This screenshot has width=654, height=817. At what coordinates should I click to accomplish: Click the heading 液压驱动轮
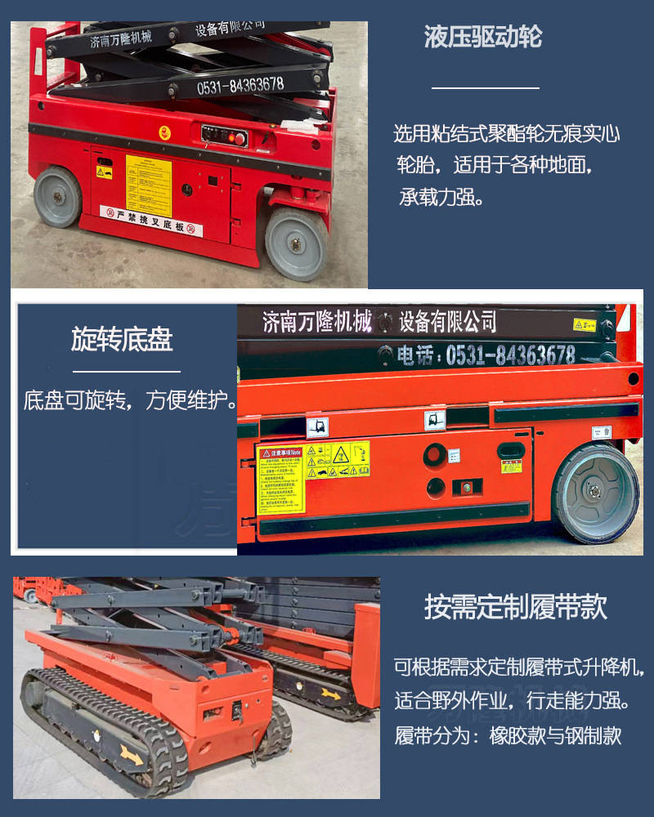pos(482,38)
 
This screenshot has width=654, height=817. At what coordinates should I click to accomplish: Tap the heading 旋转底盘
pos(122,340)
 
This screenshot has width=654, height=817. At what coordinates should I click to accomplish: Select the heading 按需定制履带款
pos(515,608)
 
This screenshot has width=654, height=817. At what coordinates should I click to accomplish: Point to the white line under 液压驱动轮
pos(485,87)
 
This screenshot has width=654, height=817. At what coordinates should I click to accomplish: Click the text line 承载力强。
pos(441,198)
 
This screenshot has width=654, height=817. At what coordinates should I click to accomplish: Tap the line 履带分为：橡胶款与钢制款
pos(508,735)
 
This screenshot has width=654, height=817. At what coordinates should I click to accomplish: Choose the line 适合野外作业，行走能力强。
pos(512,700)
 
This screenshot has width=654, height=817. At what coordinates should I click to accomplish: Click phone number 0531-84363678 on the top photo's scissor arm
pos(240,83)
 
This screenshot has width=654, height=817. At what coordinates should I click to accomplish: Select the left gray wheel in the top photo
pos(57,196)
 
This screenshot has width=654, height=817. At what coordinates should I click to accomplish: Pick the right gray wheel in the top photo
pos(296,243)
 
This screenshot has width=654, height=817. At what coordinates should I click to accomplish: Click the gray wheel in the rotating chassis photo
pos(596,493)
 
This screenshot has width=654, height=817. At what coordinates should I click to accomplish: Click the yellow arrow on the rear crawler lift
pos(331,693)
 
